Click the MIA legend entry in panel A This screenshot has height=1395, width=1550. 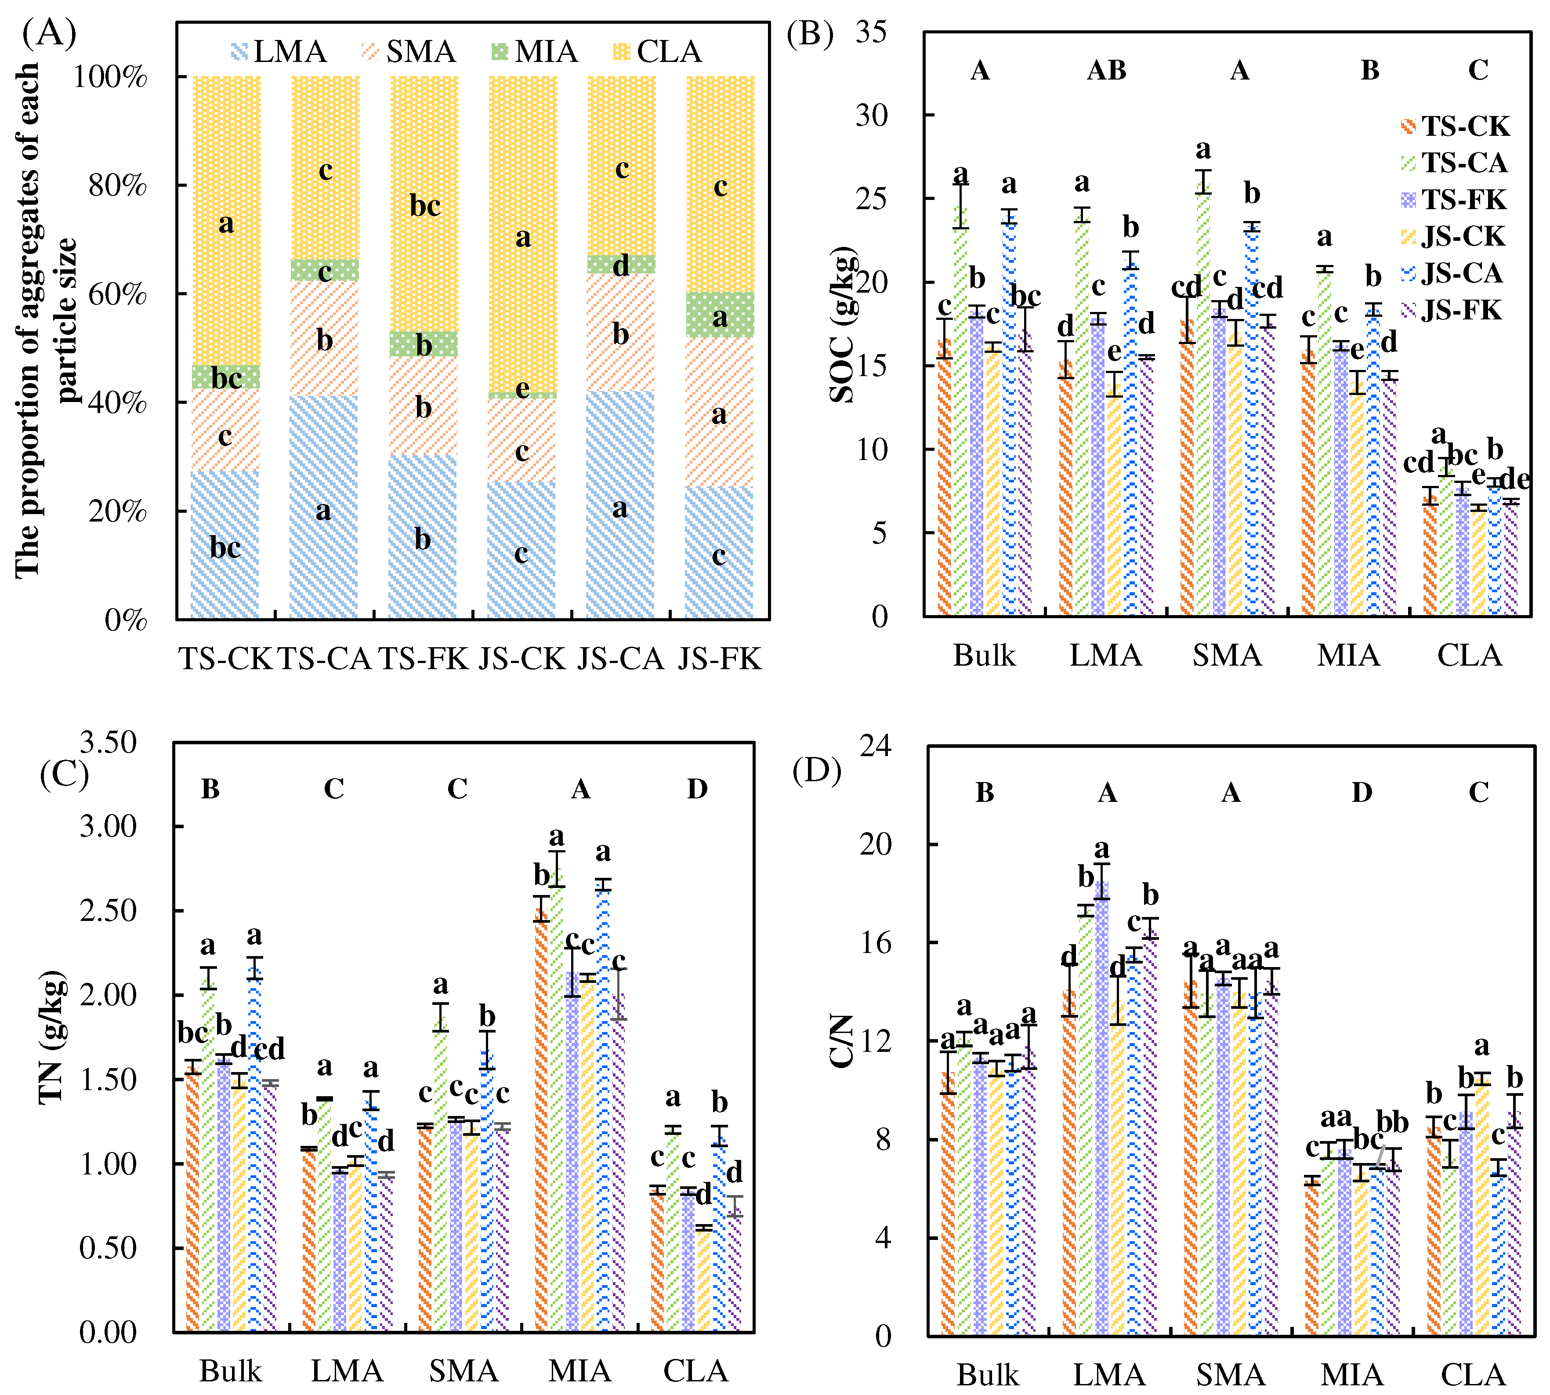click(x=534, y=51)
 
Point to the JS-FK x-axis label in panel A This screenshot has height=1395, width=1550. click(x=719, y=659)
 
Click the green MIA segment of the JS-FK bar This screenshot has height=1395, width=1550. click(x=720, y=315)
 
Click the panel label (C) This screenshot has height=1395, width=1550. click(x=65, y=774)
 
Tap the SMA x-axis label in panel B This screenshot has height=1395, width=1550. click(x=1227, y=656)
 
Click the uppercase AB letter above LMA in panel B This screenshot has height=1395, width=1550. click(x=1106, y=70)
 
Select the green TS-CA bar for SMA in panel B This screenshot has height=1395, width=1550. click(x=1203, y=399)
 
